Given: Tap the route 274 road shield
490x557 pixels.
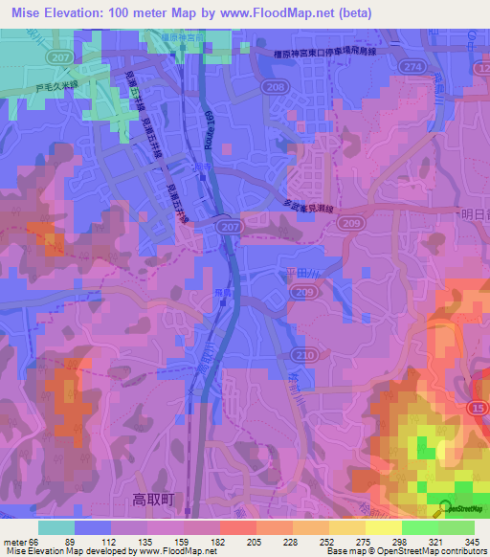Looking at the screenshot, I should pos(413,66).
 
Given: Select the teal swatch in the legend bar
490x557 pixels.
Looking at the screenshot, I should pos(56,527).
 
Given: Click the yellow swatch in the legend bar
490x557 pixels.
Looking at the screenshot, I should pos(383,527).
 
